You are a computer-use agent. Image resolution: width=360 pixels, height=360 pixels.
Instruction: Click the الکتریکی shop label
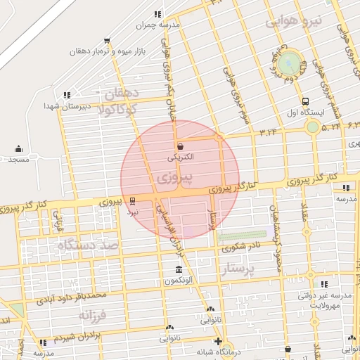pos(182,159)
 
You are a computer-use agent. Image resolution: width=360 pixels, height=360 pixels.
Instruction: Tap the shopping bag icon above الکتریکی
pos(181,147)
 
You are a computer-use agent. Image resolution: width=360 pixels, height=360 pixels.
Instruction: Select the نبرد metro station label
pos(133,210)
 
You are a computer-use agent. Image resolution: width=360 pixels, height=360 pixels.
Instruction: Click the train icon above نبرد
pos(133,200)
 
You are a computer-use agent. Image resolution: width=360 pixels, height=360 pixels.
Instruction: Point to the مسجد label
pos(18,160)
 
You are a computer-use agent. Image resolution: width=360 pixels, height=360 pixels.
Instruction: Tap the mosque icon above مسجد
pos(18,148)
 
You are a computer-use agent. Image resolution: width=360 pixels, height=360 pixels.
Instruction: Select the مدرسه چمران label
pos(159,25)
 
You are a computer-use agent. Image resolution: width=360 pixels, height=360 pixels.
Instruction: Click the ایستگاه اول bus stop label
pos(307,112)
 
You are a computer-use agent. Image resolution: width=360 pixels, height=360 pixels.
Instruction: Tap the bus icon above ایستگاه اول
pos(306,101)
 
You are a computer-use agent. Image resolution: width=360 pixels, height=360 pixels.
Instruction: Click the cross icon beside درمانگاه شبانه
pos(219,342)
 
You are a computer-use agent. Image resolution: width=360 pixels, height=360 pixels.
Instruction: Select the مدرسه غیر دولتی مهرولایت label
pos(324,301)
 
